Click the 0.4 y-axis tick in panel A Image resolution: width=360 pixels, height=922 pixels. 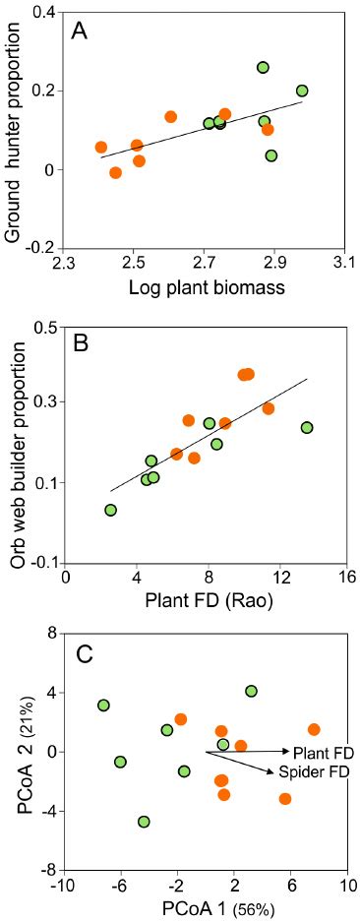point(41,13)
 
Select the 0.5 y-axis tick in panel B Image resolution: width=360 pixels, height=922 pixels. point(41,327)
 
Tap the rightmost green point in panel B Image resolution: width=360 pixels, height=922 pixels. point(307,427)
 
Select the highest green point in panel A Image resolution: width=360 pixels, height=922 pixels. point(263,67)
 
